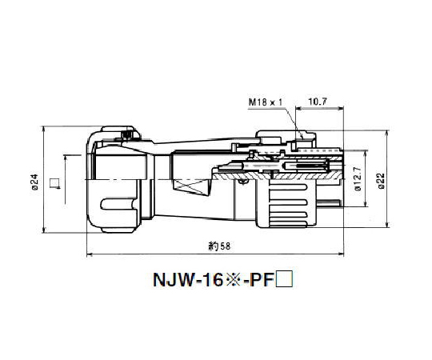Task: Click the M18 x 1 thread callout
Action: tap(264, 102)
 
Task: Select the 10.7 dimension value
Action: tap(318, 102)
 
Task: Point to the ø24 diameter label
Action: tap(34, 184)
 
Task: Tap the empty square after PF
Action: tap(291, 282)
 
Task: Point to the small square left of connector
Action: tap(54, 184)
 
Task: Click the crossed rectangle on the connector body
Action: tap(189, 191)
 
